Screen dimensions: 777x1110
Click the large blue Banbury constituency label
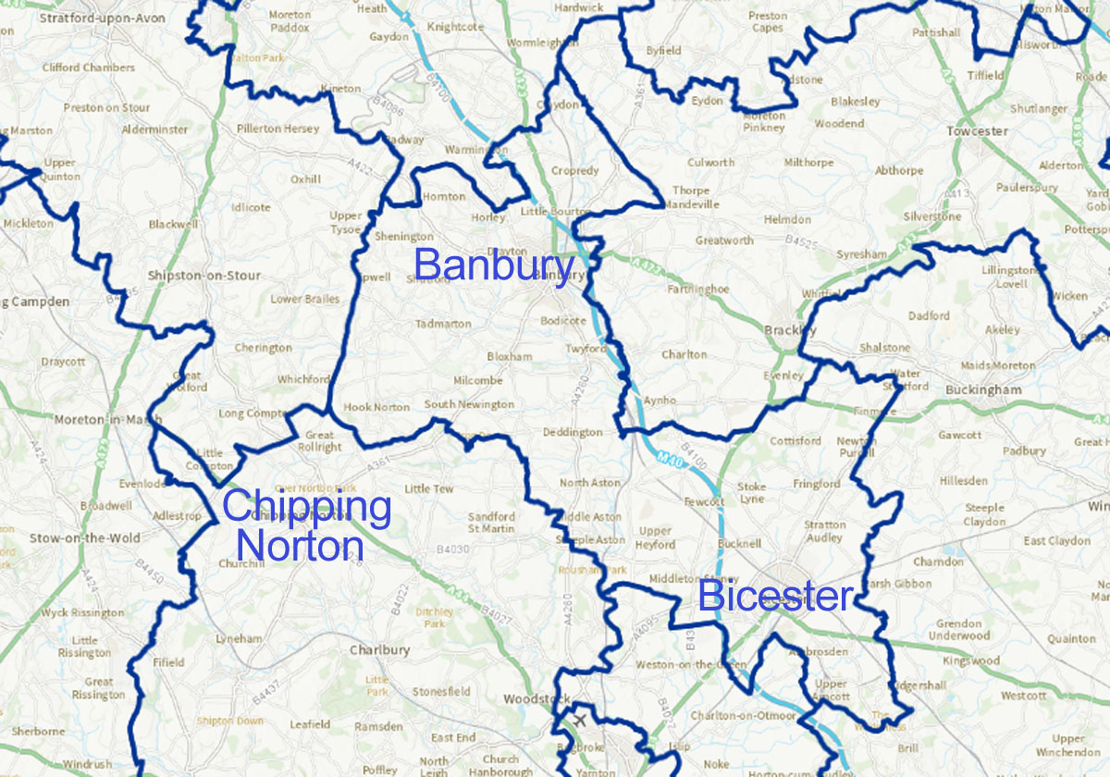pyautogui.click(x=494, y=265)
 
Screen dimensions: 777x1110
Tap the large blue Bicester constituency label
pyautogui.click(x=775, y=597)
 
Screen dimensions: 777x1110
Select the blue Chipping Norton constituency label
pyautogui.click(x=306, y=525)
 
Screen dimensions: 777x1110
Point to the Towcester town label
pyautogui.click(x=977, y=131)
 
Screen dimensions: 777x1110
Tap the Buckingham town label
pyautogui.click(x=983, y=390)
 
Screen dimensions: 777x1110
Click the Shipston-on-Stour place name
pyautogui.click(x=203, y=276)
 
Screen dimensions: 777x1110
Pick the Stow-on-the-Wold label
pyautogui.click(x=85, y=537)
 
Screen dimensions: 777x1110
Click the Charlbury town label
pyautogui.click(x=379, y=650)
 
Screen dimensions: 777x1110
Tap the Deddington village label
pyautogui.click(x=573, y=432)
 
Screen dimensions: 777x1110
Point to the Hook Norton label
pyautogui.click(x=376, y=407)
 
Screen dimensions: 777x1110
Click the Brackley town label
pyautogui.click(x=791, y=330)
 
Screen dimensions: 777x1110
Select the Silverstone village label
pyautogui.click(x=931, y=216)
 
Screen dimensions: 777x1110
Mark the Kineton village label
pyautogui.click(x=339, y=89)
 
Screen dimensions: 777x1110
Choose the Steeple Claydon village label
pyautogui.click(x=984, y=514)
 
